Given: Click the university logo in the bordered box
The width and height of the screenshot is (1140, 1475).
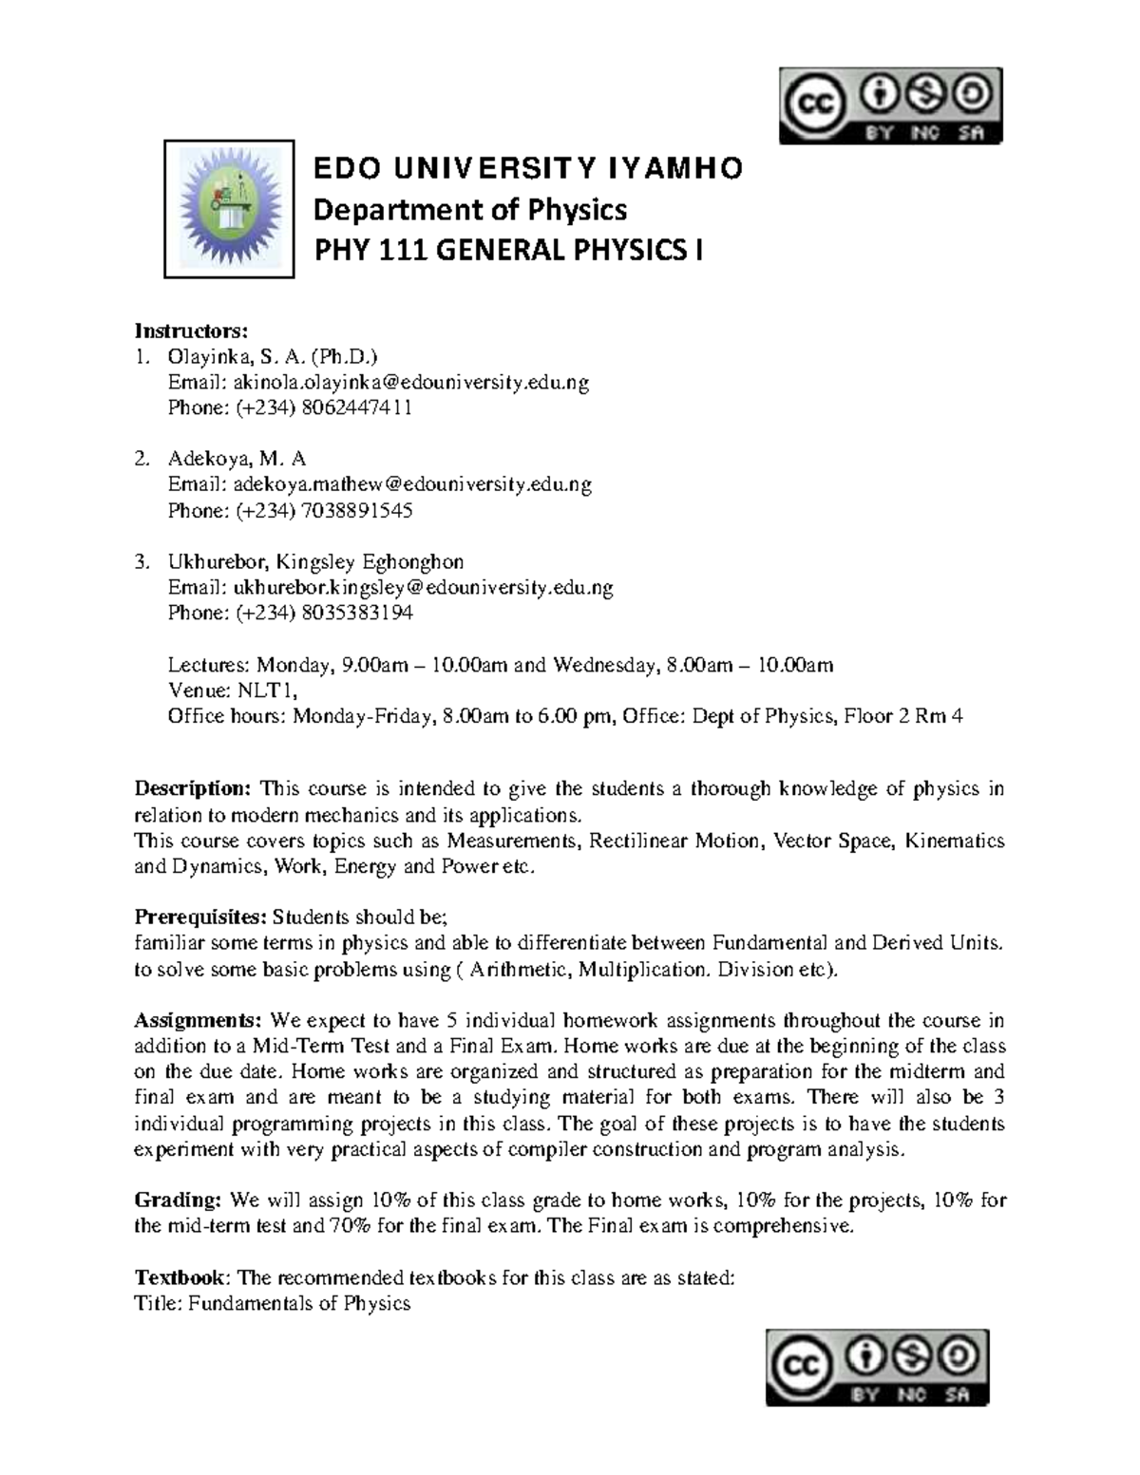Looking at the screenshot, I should [229, 209].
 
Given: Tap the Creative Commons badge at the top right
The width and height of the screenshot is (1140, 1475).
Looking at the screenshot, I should [890, 105].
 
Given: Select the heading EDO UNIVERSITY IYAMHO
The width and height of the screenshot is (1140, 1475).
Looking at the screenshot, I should [529, 169].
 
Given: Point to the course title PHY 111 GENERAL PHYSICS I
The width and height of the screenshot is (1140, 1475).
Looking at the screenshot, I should [509, 251].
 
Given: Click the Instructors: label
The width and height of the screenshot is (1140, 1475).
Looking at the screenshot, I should [191, 331].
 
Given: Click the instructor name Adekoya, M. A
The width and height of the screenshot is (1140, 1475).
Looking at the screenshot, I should [237, 460].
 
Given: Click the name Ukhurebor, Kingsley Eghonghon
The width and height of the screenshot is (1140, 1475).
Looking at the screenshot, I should [315, 561].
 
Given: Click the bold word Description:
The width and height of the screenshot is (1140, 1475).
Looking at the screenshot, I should [193, 789].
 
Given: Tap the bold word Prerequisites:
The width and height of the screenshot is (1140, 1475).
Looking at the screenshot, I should [200, 917].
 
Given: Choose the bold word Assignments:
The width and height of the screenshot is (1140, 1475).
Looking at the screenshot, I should [198, 1021].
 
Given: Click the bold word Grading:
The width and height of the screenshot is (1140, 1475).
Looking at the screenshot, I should [179, 1201].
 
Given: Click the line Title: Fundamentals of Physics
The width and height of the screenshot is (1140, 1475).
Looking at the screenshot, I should [273, 1303].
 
